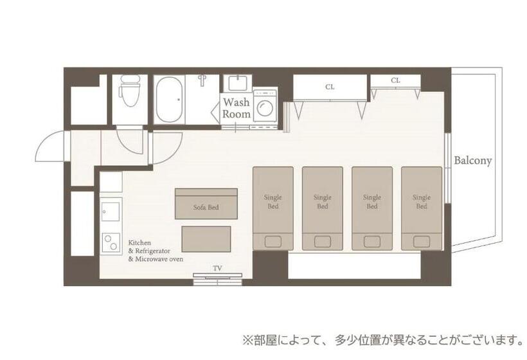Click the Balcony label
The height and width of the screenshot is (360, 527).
pyautogui.click(x=473, y=161)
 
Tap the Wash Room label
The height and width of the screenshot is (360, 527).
pyautogui.click(x=237, y=108)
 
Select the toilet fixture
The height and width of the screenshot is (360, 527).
pyautogui.click(x=130, y=90)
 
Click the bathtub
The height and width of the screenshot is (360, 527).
pyautogui.click(x=169, y=100)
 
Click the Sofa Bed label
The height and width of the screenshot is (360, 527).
pyautogui.click(x=206, y=208)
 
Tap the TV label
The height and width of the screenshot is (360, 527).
pyautogui.click(x=217, y=268)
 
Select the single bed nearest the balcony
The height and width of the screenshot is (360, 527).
pyautogui.click(x=422, y=208)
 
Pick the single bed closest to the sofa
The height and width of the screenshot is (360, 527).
pyautogui.click(x=273, y=208)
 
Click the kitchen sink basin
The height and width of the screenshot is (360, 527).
pyautogui.click(x=111, y=212)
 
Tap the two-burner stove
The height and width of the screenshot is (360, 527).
pyautogui.click(x=111, y=242)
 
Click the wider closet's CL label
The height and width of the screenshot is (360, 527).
pyautogui.click(x=330, y=87)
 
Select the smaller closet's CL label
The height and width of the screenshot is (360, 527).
pyautogui.click(x=396, y=80)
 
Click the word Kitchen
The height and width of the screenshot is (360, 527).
pyautogui.click(x=139, y=243)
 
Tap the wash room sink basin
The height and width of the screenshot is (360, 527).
pyautogui.click(x=238, y=83)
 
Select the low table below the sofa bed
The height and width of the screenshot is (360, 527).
pyautogui.click(x=206, y=239)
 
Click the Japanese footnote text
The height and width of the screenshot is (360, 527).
pyautogui.click(x=382, y=340)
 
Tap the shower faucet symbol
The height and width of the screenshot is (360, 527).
pyautogui.click(x=202, y=80)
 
